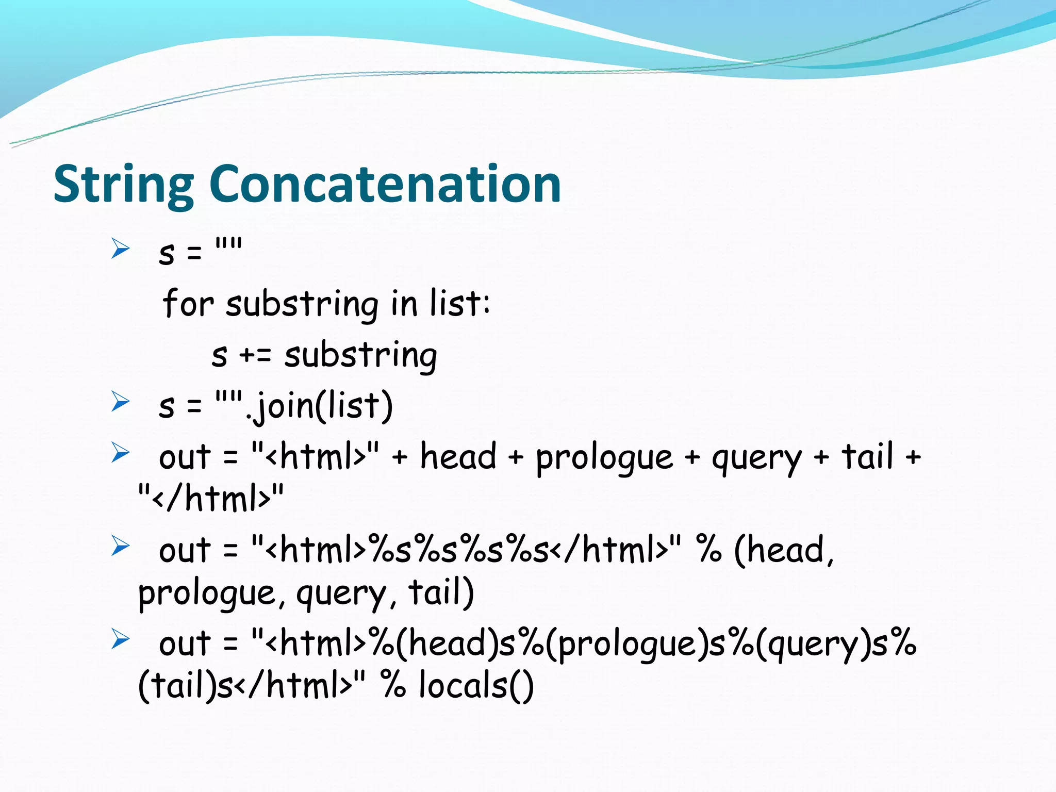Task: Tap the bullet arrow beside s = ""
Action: point(120,249)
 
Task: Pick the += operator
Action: point(255,356)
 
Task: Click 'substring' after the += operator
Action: point(360,356)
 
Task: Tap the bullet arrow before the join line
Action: point(120,402)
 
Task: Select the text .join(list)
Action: point(320,406)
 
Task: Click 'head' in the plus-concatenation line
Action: point(458,457)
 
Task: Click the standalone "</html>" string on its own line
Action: point(211,498)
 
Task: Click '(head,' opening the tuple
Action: point(784,551)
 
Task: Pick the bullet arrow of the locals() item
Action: point(120,639)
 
